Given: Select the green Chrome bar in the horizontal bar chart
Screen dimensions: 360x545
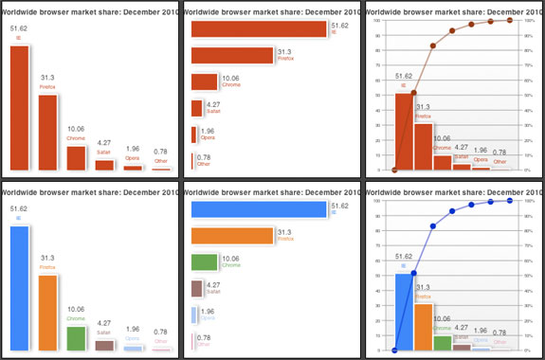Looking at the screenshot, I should (x=205, y=262).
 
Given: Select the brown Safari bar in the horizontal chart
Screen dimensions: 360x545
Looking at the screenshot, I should (x=196, y=288).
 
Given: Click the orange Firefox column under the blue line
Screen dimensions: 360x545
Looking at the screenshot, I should (x=422, y=327).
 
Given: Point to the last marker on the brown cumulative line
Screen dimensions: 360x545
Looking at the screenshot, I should (x=509, y=20).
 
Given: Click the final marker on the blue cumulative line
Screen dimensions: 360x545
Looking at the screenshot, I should (x=509, y=200).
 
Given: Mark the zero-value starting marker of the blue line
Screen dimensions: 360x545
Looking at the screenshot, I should (x=393, y=350).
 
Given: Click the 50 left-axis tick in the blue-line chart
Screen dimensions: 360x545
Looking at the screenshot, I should (x=378, y=276).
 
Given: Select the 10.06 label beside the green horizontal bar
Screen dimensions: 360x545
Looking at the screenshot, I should (x=230, y=258).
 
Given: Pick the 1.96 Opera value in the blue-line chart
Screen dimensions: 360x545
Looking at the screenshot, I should (x=481, y=330).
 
